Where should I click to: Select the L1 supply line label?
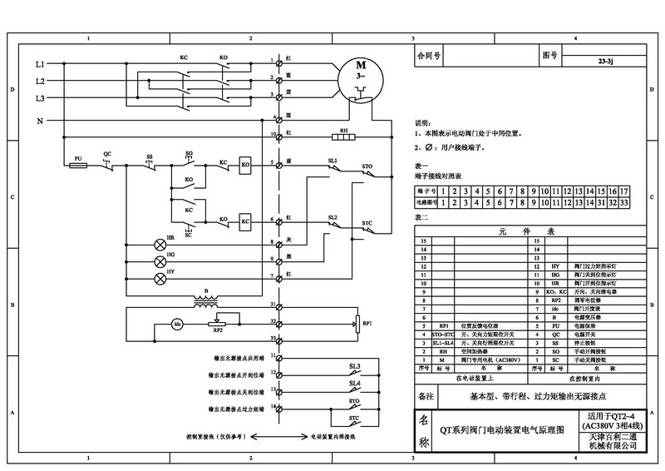coord(40,64)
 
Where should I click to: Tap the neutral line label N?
coord(40,121)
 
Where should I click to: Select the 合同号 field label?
coord(428,57)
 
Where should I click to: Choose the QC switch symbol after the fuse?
coord(107,164)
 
